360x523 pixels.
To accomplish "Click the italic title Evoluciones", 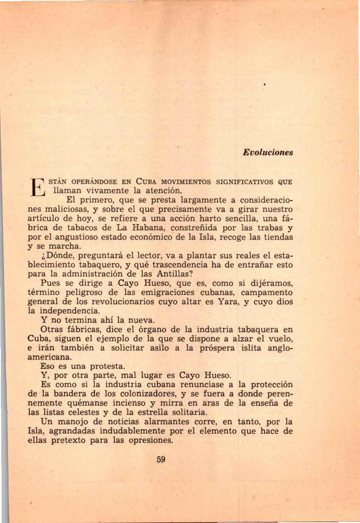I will (268, 153).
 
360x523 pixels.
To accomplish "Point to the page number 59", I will (161, 460).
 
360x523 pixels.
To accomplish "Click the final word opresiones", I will (151, 440).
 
